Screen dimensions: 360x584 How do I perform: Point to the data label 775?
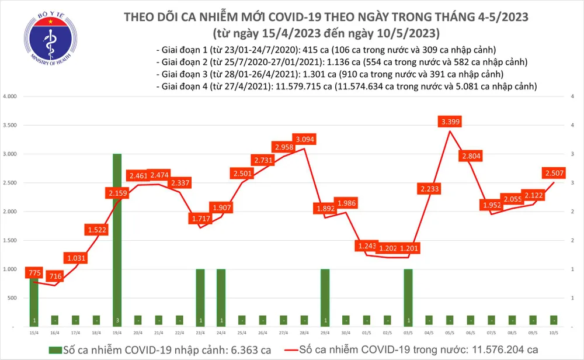pos(34,273)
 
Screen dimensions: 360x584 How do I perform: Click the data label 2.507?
pos(554,172)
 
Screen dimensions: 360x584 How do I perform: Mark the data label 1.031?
pos(75,258)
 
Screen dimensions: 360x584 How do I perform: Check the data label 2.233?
pos(429,188)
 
